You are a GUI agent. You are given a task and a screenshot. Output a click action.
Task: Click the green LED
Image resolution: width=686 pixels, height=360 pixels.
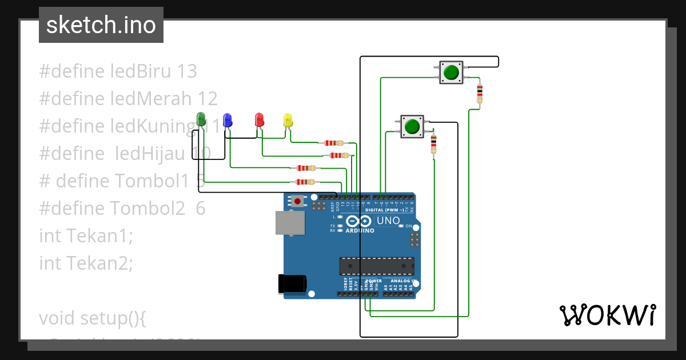pyautogui.click(x=201, y=119)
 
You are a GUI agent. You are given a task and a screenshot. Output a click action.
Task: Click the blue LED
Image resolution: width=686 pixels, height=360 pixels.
pyautogui.click(x=228, y=119)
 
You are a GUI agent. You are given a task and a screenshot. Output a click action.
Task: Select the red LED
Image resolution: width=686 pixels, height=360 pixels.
pyautogui.click(x=259, y=119)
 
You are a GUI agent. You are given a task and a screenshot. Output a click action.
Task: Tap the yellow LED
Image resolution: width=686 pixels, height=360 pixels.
pyautogui.click(x=288, y=120)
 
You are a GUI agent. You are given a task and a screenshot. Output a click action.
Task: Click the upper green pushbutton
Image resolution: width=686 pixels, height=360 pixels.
pyautogui.click(x=451, y=73)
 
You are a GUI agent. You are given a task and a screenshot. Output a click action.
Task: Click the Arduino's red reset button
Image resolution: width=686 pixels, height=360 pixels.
pyautogui.click(x=298, y=201)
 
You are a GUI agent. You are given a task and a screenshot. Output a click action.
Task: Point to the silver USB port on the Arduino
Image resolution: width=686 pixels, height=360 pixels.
pyautogui.click(x=290, y=223)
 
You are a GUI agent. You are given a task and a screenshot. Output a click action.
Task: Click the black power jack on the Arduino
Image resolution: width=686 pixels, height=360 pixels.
pyautogui.click(x=292, y=285)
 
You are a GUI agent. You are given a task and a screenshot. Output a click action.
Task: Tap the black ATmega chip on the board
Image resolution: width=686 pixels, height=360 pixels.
pyautogui.click(x=377, y=266)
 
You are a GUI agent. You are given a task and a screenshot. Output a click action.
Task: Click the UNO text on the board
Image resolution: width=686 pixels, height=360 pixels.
pyautogui.click(x=388, y=221)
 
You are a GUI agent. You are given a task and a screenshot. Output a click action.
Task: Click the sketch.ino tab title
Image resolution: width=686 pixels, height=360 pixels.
pyautogui.click(x=101, y=25)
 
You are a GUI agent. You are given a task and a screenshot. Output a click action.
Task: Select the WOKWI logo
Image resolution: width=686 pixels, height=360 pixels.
pyautogui.click(x=607, y=315)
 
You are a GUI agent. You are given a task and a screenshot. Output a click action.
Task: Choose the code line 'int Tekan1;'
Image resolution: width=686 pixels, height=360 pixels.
pyautogui.click(x=86, y=235)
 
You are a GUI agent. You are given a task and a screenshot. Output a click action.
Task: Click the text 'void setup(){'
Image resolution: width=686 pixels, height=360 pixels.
pyautogui.click(x=92, y=318)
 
